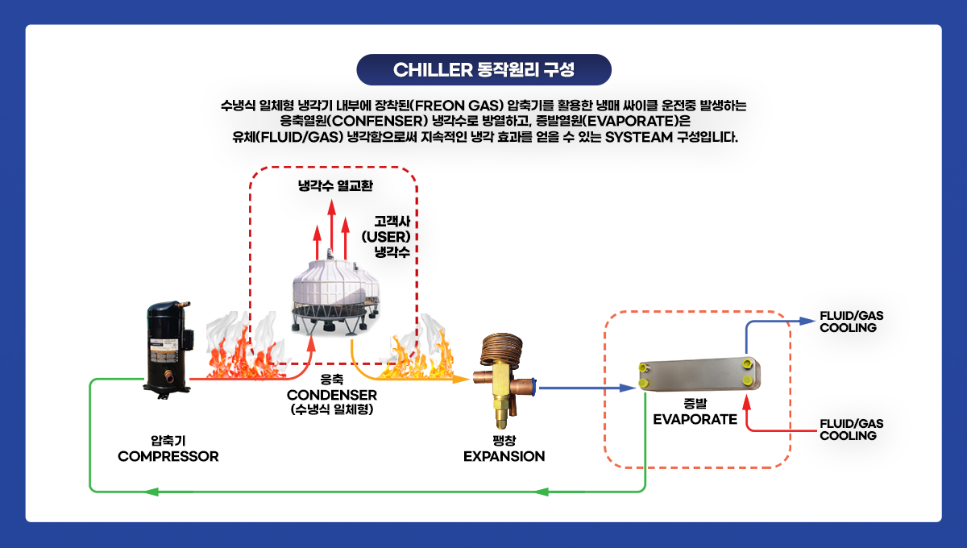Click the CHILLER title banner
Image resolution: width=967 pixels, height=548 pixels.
(483, 69)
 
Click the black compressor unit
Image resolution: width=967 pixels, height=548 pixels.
(168, 347)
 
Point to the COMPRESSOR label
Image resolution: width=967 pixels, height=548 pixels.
(168, 456)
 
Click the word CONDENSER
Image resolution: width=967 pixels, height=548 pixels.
(331, 395)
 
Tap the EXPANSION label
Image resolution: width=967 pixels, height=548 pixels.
(504, 456)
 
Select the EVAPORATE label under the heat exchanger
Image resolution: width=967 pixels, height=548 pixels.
(695, 419)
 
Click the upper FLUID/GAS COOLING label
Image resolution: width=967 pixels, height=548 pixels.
(851, 321)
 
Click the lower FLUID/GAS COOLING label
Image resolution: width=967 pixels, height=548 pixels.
(851, 430)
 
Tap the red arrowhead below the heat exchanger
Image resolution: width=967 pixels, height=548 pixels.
(747, 401)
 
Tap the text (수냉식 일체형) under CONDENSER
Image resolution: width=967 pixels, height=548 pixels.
(331, 409)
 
